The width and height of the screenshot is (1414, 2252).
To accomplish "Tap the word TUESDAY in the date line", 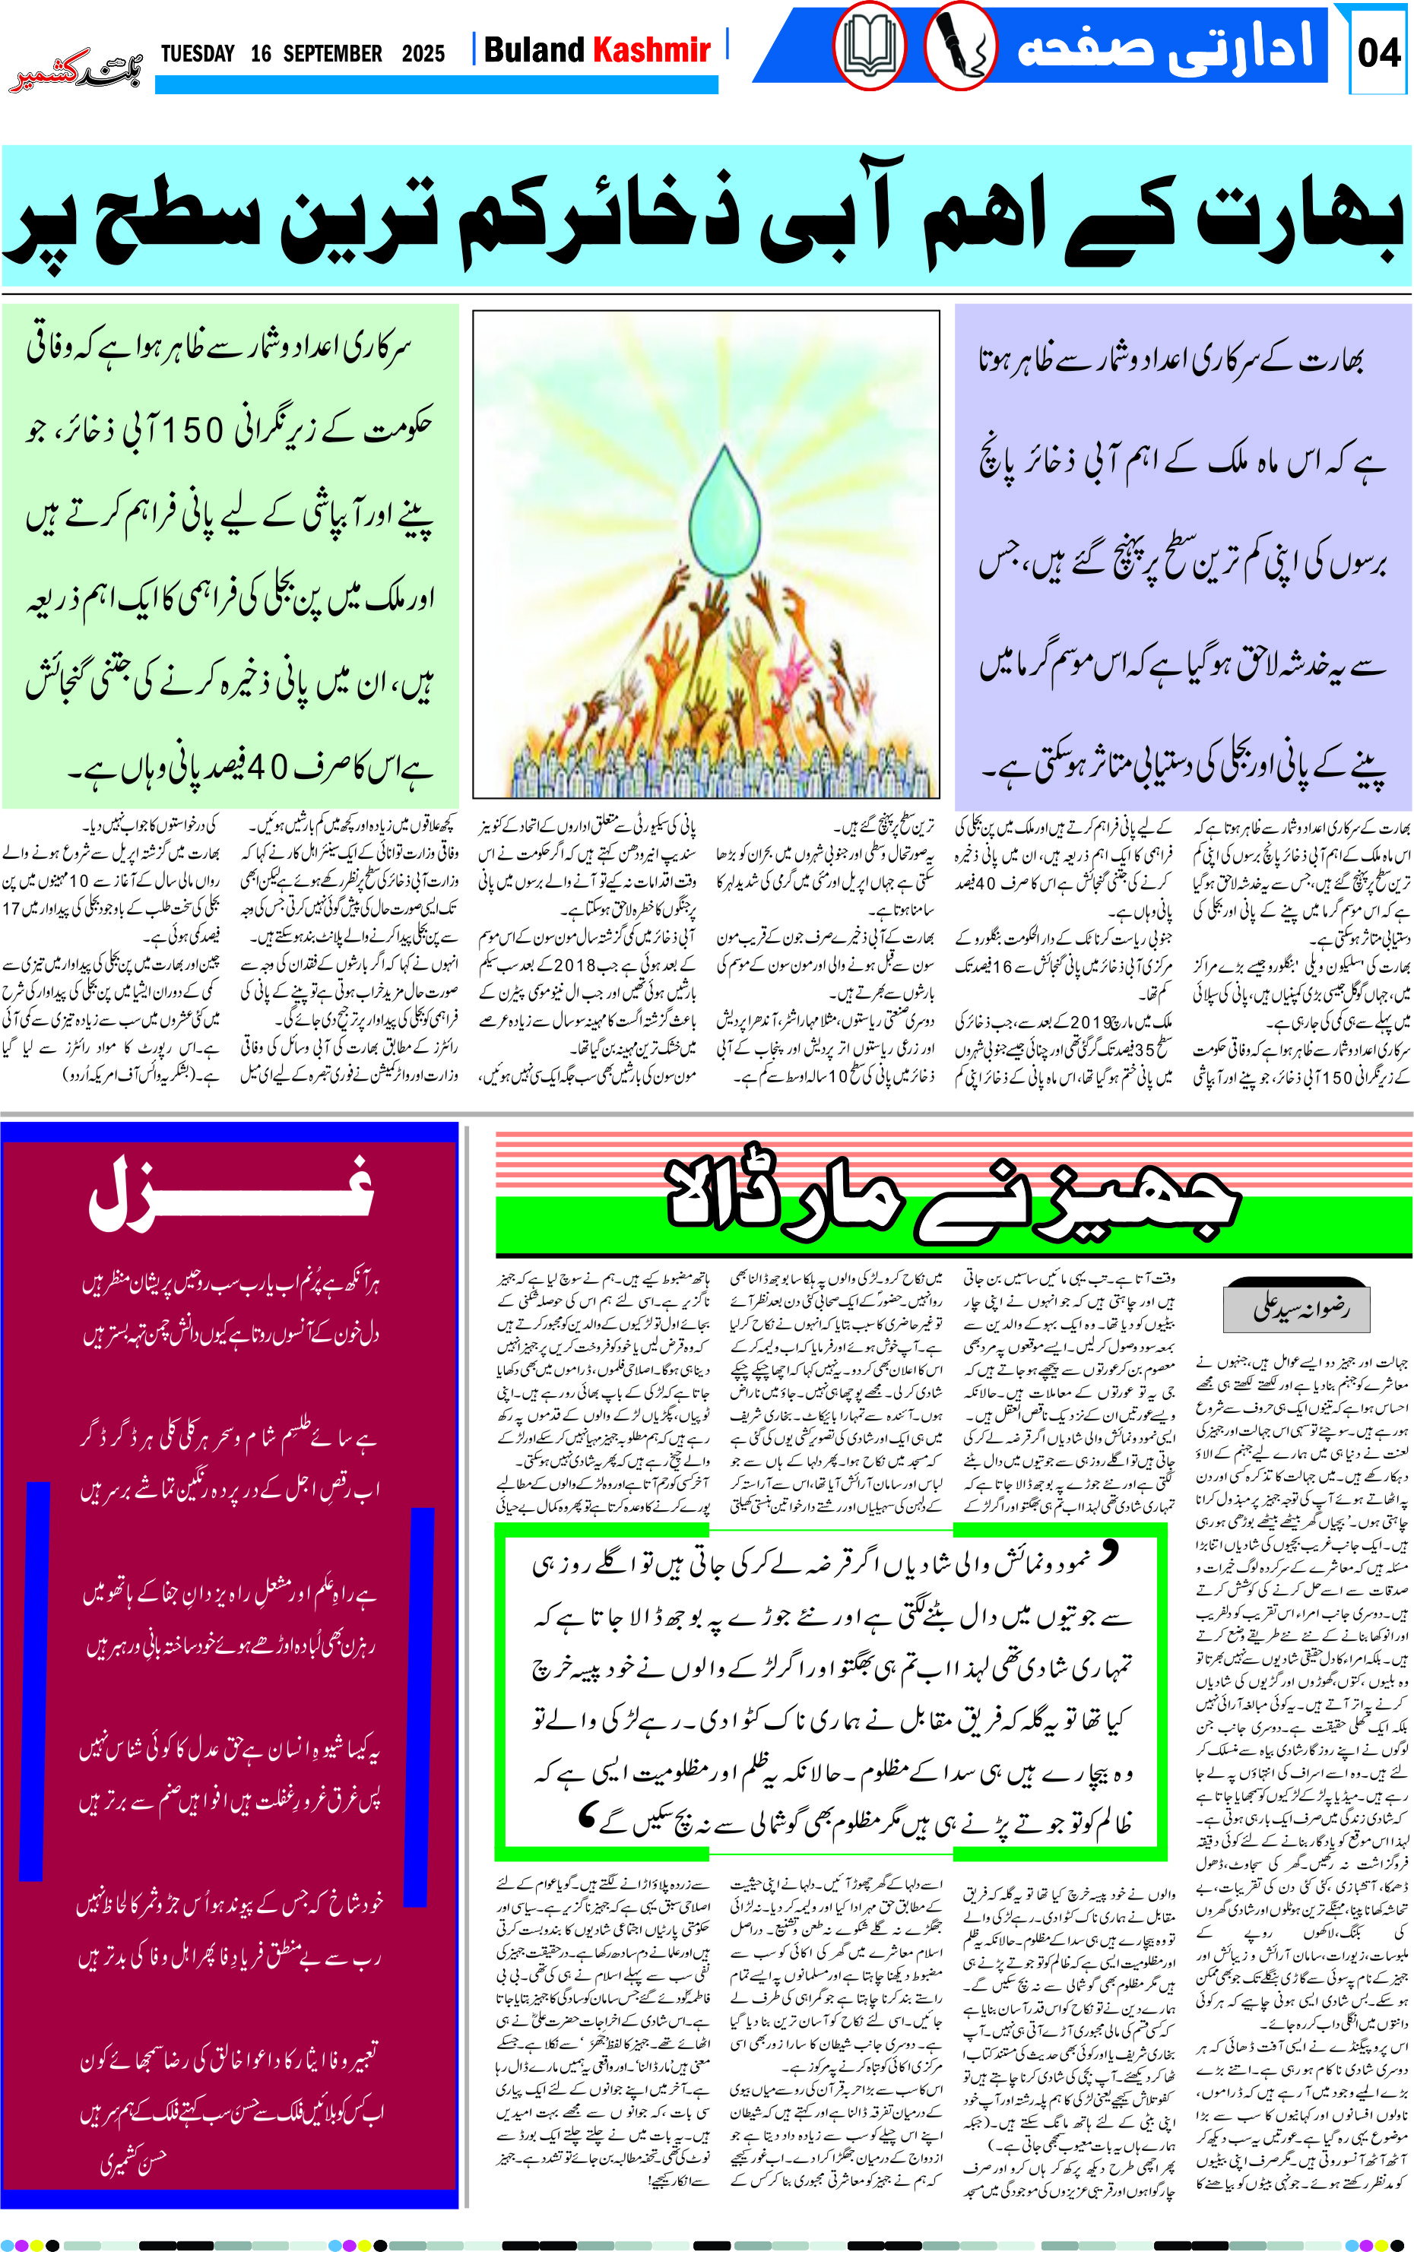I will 198,53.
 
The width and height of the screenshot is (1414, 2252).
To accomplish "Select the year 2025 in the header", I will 423,53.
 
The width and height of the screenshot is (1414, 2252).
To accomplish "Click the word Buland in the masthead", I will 533,49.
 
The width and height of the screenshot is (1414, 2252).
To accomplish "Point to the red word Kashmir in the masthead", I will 652,49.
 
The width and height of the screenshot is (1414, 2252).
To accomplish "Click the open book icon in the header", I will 869,46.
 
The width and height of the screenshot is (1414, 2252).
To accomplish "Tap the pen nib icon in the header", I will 960,46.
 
